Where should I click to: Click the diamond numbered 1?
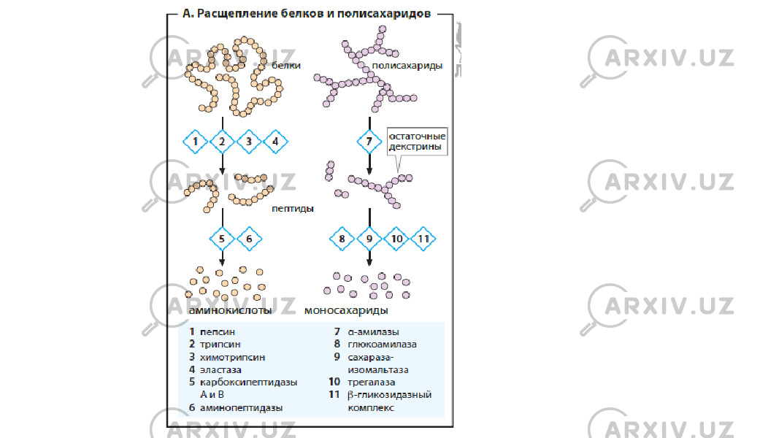[x=195, y=142]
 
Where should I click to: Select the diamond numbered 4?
[x=276, y=142]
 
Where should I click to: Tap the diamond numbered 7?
[x=369, y=142]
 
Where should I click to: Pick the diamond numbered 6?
[x=250, y=239]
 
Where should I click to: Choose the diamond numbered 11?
[x=423, y=239]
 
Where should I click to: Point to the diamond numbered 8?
[x=342, y=239]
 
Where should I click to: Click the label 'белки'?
[x=285, y=66]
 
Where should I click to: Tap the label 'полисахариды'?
[x=407, y=66]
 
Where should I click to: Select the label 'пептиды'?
[x=293, y=209]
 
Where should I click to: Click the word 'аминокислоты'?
[x=230, y=310]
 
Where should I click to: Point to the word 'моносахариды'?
[x=346, y=310]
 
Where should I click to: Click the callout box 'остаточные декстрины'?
[x=418, y=141]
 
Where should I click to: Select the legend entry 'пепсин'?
[x=217, y=331]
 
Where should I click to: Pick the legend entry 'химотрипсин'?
[x=232, y=358]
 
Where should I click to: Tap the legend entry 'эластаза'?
[x=220, y=370]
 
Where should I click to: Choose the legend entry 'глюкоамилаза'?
[x=382, y=344]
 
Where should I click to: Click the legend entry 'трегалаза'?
[x=371, y=383]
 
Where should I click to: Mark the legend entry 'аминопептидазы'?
[x=241, y=408]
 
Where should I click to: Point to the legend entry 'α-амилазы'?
[x=373, y=331]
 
